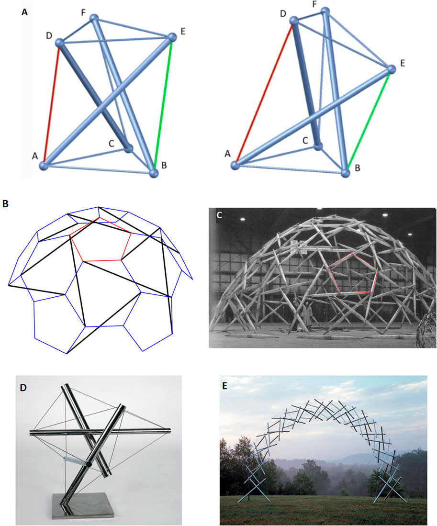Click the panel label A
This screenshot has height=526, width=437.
pos(25,12)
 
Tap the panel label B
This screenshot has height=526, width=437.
pos(5,203)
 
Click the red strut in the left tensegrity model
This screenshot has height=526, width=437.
pos(52,103)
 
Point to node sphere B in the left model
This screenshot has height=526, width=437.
pos(153,173)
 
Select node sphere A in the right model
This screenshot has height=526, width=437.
pos(235,165)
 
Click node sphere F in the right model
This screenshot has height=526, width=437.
pos(325,11)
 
